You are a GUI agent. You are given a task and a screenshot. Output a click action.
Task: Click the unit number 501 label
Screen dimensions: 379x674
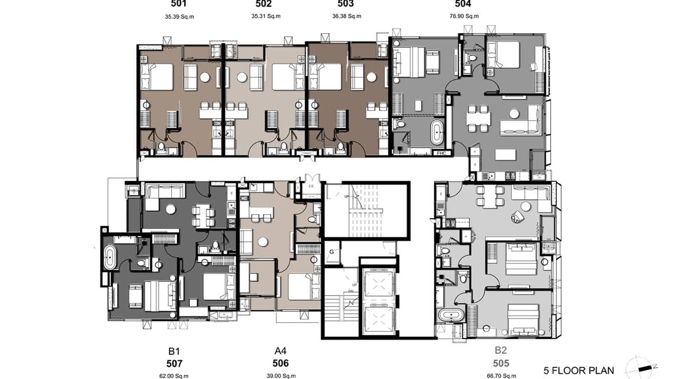click(179, 5)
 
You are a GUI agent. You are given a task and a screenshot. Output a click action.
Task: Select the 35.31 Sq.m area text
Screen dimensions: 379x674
click(266, 16)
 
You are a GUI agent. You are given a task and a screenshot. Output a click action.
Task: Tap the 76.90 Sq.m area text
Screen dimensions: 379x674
click(464, 16)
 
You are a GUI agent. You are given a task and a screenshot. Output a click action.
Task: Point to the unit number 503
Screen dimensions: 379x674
click(345, 5)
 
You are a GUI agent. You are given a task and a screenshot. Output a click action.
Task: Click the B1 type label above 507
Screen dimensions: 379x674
click(174, 351)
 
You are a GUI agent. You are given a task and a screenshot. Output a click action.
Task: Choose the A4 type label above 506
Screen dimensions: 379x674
click(280, 351)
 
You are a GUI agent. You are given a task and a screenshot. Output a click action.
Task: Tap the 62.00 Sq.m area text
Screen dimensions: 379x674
click(174, 375)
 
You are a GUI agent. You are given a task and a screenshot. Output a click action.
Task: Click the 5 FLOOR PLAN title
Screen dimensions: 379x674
click(579, 371)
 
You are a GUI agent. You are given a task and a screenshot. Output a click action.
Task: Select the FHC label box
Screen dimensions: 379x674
click(441, 153)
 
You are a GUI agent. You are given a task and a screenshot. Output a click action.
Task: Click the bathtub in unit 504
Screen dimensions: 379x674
click(437, 132)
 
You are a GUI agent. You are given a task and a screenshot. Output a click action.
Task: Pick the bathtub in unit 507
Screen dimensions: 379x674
click(108, 258)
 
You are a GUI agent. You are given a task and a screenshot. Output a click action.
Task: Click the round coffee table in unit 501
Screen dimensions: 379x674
click(204, 77)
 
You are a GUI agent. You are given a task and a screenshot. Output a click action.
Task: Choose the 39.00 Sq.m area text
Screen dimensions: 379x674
click(280, 375)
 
